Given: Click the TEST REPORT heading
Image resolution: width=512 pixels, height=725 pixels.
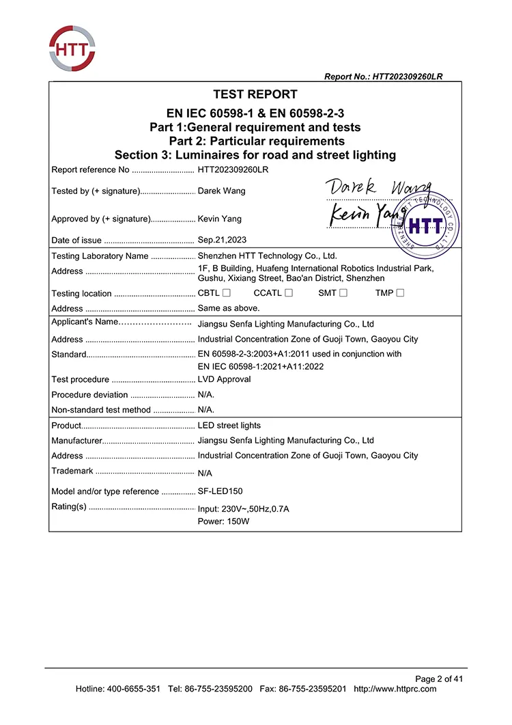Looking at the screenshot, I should coord(255,94).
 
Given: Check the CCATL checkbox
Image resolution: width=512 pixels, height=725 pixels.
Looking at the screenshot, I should coord(289,293).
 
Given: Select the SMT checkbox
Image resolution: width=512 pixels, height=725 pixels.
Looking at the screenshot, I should coord(343,293).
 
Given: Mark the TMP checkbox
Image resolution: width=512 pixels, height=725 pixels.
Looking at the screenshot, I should coord(400,293).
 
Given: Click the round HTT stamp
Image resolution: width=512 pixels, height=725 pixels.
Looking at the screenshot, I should coord(425,220).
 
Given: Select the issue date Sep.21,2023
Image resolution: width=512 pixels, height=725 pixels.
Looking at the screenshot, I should coord(222,240).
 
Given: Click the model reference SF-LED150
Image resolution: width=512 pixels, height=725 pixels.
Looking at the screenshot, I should coord(220,491).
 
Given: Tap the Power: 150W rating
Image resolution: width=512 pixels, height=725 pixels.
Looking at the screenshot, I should coord(223,521).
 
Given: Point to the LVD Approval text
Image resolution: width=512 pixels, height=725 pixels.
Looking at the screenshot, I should coord(224,379).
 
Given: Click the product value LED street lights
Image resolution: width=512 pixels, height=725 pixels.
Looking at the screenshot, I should coord(229,425).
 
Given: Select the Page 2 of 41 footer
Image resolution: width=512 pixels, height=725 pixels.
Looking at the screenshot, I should coord(439,679).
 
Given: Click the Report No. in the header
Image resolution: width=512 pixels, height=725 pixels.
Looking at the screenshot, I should coord(383,77).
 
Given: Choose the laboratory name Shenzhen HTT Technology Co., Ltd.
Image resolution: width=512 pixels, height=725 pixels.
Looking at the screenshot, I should coord(267,256).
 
